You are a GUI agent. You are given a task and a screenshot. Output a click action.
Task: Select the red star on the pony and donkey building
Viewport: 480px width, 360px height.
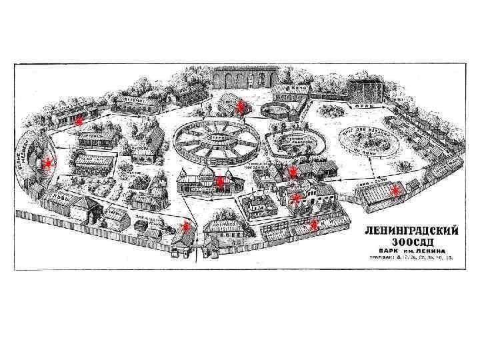tap(395, 192)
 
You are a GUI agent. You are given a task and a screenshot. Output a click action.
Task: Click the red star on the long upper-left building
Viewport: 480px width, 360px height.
tap(78, 121)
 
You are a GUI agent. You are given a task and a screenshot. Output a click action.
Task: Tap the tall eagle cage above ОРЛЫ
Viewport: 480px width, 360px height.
tap(366, 90)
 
